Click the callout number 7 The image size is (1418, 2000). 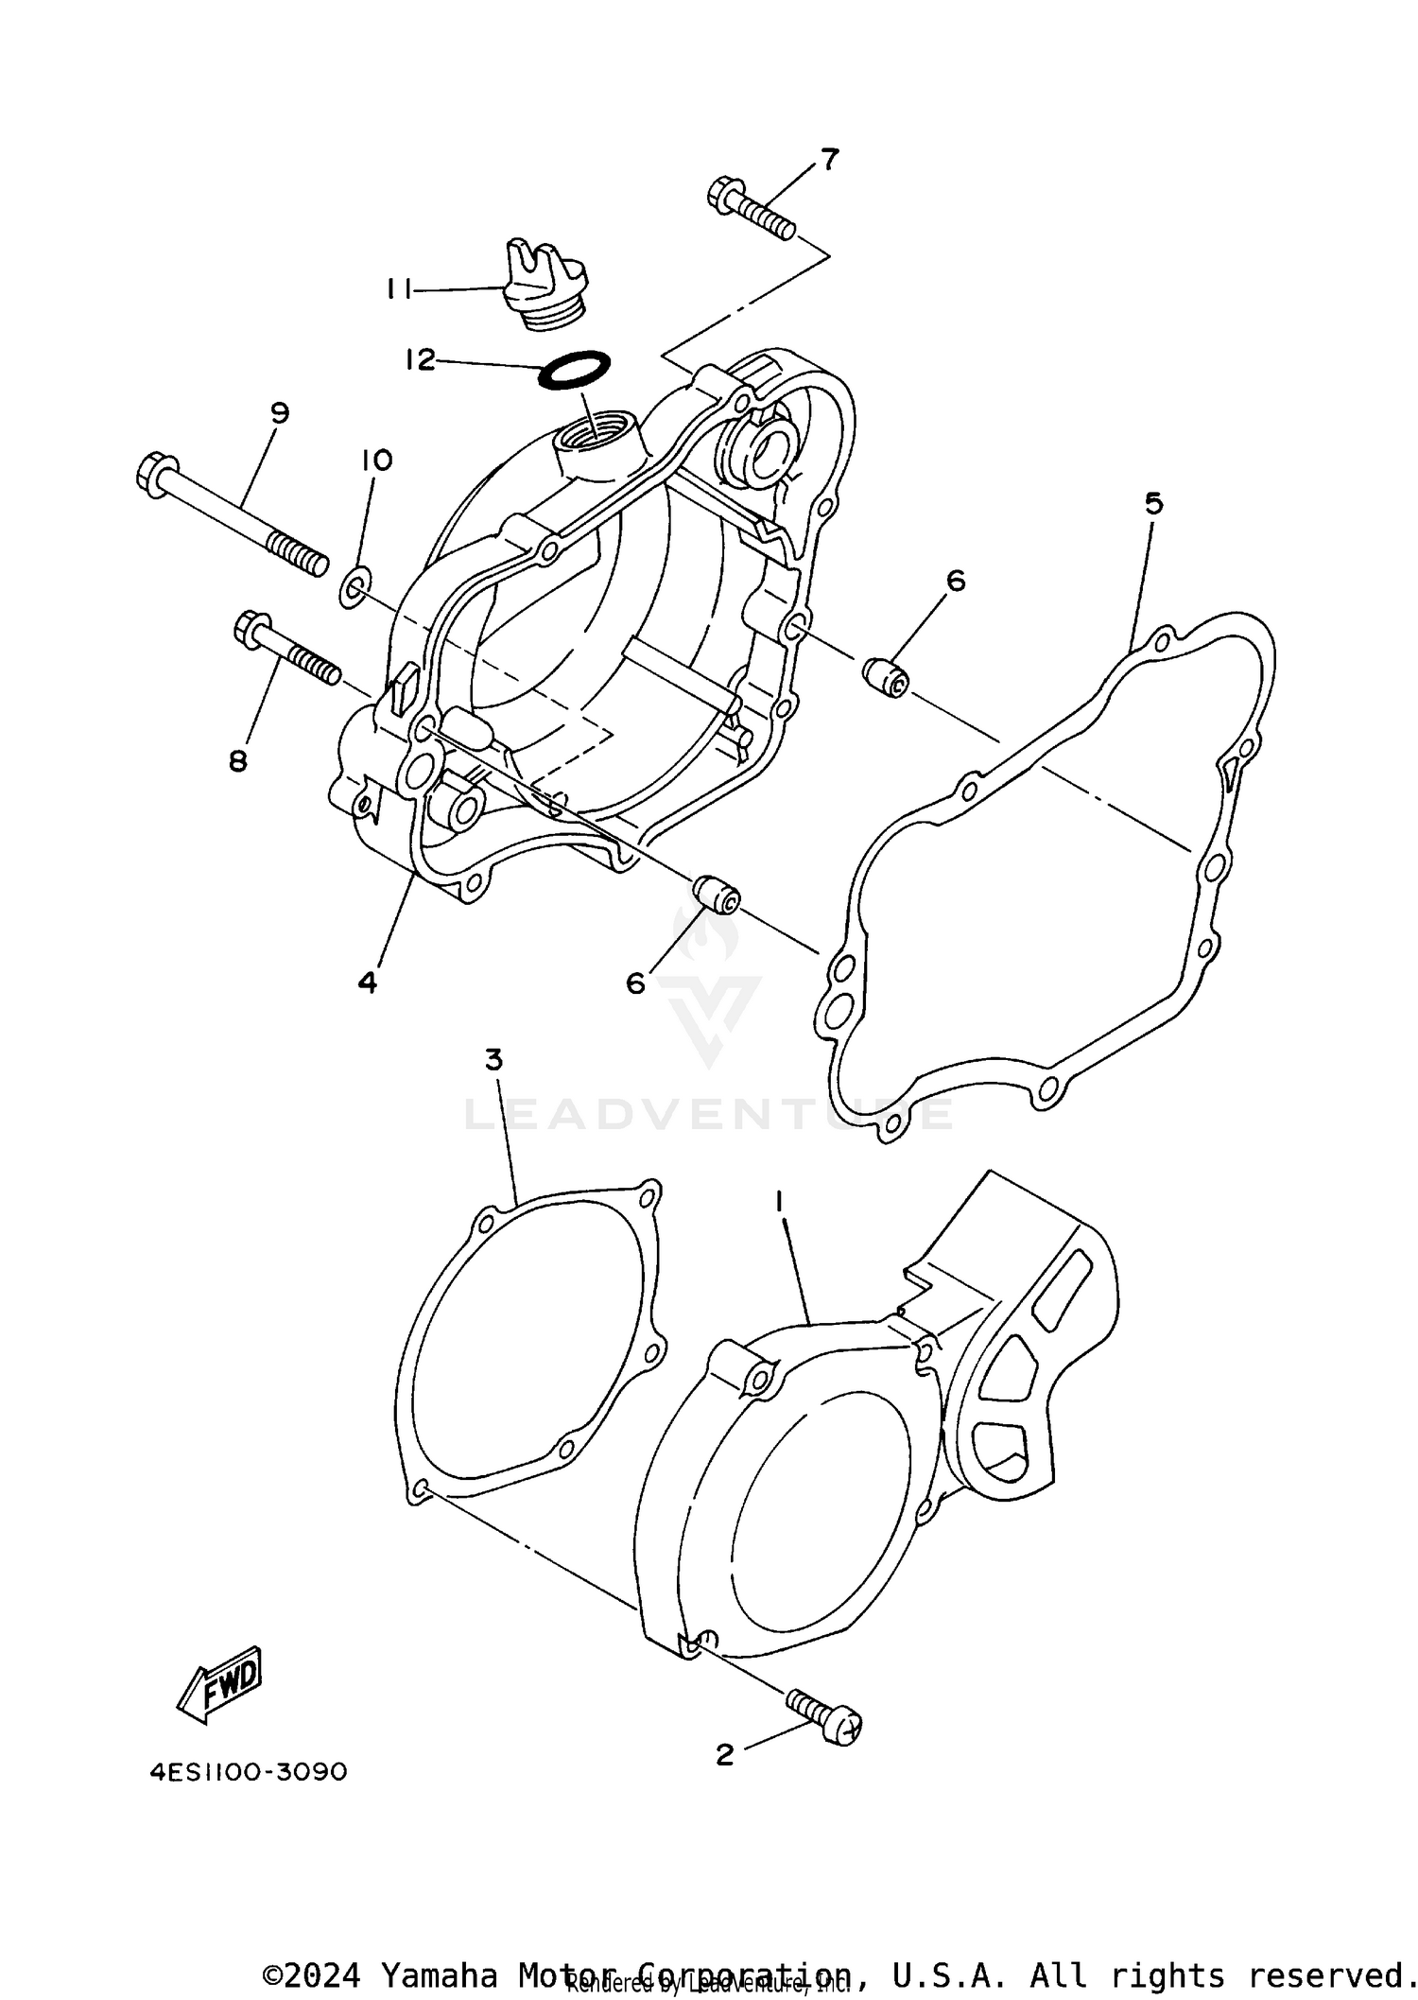(828, 160)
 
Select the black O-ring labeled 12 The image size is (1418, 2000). (573, 369)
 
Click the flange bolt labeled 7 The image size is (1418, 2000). (751, 208)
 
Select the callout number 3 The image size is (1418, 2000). (493, 1060)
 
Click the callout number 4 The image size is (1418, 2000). (368, 983)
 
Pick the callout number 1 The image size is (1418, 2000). (780, 1202)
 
